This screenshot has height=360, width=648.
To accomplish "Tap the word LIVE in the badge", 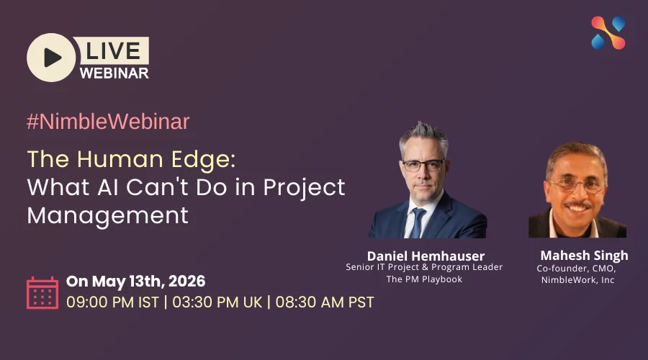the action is coord(113,51).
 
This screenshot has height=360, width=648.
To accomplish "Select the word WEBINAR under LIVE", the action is coord(114,73).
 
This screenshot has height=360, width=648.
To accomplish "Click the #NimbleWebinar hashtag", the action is coord(108,122).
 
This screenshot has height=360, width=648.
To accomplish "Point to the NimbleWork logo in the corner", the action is coord(608,33).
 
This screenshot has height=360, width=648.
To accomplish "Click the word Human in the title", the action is coord(120,159).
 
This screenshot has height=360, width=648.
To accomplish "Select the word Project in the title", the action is coord(304,187).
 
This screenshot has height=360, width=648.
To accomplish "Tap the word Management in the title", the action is coord(108,215).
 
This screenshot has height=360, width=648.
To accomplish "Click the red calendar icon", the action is coord(42,293).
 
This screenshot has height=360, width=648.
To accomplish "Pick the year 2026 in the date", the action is coord(186,282).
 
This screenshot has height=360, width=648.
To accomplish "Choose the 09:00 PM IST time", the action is coord(112,302).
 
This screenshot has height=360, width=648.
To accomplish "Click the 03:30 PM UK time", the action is coord(217,302).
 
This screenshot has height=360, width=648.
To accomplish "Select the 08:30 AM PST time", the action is coord(325,302).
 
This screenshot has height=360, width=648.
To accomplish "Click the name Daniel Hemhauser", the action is coord(426,256).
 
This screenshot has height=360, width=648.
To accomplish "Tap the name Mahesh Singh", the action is coord(585,256).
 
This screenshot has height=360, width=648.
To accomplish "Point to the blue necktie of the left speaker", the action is coord(417,222).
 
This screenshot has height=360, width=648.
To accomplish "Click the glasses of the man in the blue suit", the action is coord(423,166).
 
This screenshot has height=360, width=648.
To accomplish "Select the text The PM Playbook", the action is coord(424,279).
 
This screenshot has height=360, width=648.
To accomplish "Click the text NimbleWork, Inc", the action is coord(577,280).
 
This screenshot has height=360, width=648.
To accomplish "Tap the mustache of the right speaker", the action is coord(577,204).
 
